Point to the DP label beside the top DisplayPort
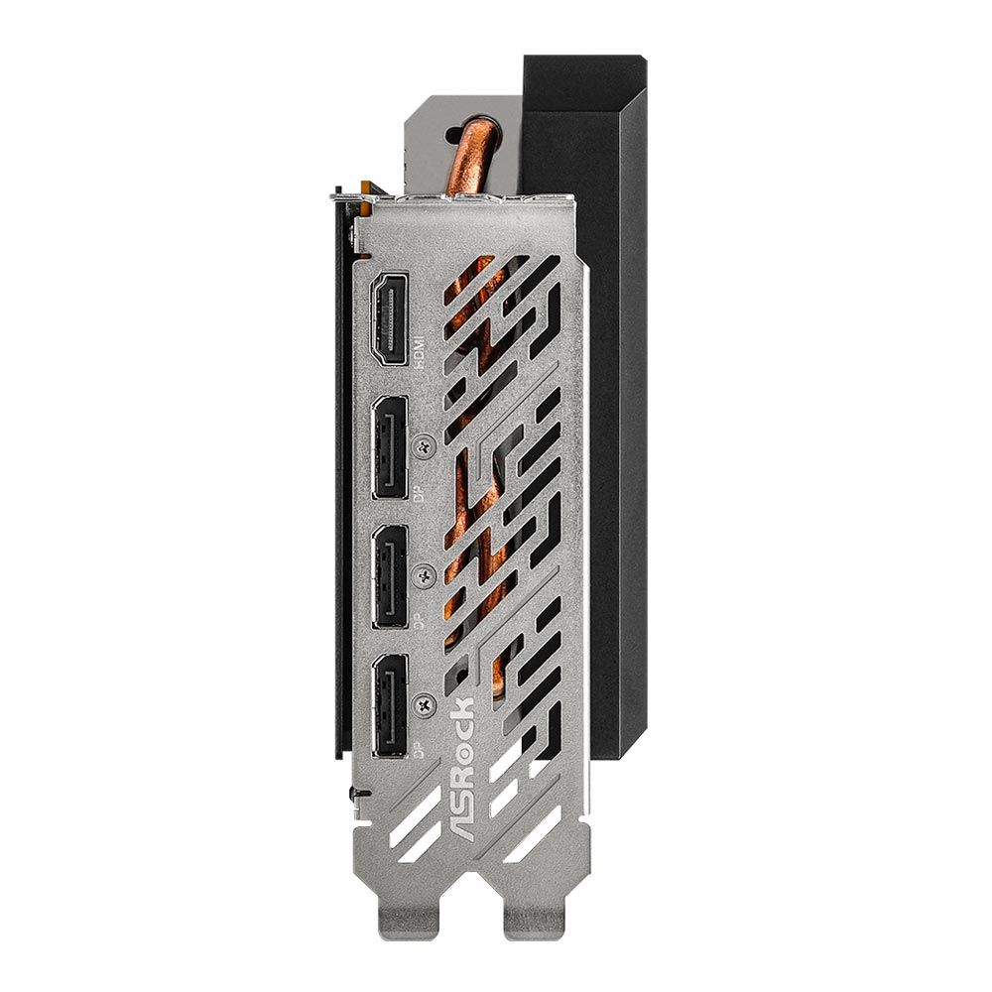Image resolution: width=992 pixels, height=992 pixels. (x=420, y=497)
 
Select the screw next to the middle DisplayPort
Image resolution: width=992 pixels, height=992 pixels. (x=426, y=575)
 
